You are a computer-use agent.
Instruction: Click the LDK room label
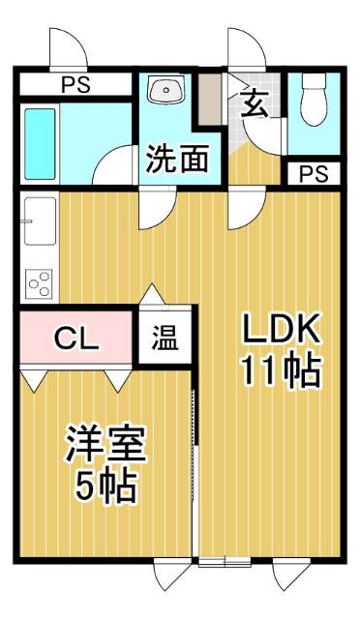tap(282, 331)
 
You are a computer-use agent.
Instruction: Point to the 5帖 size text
tap(105, 486)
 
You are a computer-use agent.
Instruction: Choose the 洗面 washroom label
tap(177, 160)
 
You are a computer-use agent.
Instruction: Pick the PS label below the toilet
tap(313, 174)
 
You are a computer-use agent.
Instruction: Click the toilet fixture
tap(315, 101)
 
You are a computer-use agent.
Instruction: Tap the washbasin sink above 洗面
tap(167, 92)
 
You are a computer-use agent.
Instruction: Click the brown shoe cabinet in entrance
tap(210, 98)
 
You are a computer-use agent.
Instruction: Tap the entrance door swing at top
tap(240, 48)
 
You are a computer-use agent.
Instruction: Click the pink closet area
tap(58, 338)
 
